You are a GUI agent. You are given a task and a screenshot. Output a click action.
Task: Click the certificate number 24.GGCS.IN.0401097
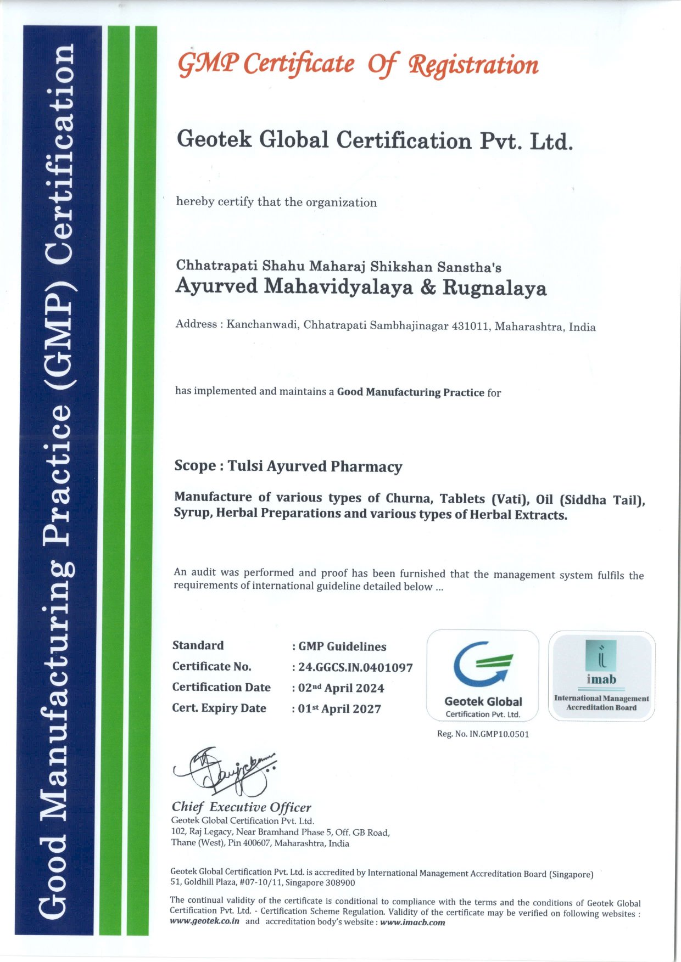point(355,668)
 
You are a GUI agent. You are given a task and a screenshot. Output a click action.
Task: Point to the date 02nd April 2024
point(341,688)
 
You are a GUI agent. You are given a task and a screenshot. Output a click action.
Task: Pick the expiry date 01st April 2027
point(339,709)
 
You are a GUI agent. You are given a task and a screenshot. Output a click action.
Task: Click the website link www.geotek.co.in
point(205,921)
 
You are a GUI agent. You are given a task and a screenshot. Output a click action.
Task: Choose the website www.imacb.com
point(412,922)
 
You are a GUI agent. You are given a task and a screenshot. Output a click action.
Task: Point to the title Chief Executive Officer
point(241,807)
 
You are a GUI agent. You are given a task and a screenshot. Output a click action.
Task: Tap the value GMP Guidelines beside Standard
point(342,646)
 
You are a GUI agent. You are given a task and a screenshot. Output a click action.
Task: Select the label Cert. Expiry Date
point(219,708)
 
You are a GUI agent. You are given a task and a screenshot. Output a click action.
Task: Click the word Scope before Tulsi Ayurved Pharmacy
point(195,466)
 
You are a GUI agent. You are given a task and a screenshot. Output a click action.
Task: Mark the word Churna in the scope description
point(407,498)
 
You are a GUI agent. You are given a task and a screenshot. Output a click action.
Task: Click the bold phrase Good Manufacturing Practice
point(410,392)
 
